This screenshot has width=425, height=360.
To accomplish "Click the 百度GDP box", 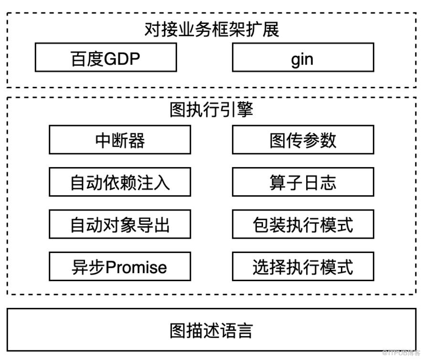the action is pos(106,57).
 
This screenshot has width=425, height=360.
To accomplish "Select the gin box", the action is pos(303,57).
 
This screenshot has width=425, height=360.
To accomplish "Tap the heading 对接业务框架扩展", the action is pos(212,29).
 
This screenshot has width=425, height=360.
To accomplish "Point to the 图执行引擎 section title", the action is pos(212,110).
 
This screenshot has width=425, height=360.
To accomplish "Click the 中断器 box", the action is pos(120,139).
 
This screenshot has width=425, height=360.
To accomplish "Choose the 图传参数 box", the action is pos(303,139).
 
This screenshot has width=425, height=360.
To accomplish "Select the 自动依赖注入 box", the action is pos(120,182).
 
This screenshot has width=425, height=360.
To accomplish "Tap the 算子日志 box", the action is pos(303,182).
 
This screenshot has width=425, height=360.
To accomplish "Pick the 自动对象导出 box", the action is pos(120,224).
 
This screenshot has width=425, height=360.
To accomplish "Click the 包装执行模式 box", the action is pos(303,224).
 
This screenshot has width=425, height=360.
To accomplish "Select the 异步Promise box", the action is pos(120,266).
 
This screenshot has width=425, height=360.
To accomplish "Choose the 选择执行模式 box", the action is pos(303,266).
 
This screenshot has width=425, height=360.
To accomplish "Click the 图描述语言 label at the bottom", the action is pos(212,330).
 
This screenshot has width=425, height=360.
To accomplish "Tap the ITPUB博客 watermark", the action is pos(401,353).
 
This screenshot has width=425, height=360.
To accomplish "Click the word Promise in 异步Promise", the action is pos(136,267).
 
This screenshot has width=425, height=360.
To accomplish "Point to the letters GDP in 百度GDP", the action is pos(122,59).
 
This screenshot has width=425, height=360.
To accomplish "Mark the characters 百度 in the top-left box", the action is pos(87,59).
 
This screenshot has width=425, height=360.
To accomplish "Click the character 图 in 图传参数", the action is pos(278,140).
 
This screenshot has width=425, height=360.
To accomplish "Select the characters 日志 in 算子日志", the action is pos(320,182).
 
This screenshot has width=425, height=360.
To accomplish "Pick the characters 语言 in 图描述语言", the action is pos(236,330).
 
